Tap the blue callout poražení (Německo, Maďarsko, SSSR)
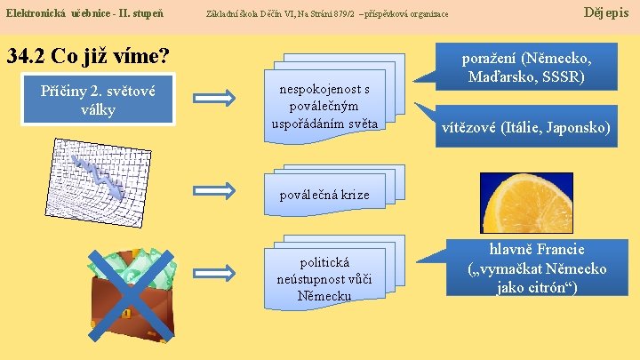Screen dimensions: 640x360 526,68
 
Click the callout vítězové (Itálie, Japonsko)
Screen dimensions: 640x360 526,128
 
